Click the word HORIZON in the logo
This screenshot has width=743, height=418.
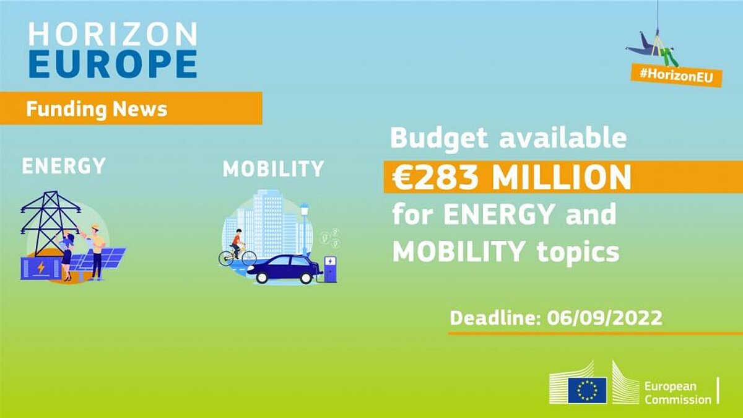click(113, 34)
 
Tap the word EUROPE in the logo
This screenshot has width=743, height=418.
click(113, 64)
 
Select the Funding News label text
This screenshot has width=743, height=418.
click(97, 109)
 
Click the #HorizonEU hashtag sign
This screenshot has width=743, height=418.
click(676, 75)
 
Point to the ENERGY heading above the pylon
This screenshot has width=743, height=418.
click(64, 165)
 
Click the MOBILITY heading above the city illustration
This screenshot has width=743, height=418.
click(273, 168)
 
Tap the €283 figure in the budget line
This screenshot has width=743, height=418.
click(435, 177)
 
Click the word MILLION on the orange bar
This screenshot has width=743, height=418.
click(561, 177)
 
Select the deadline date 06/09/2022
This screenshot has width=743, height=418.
click(604, 318)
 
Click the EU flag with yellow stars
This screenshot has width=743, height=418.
click(587, 390)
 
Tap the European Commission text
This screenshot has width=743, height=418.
click(677, 393)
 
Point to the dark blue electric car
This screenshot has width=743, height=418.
click(284, 269)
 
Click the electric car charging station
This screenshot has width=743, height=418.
click(331, 269)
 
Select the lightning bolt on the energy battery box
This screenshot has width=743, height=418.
click(41, 268)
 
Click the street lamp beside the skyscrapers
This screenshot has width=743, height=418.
click(304, 229)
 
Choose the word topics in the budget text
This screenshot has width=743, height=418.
click(578, 253)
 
